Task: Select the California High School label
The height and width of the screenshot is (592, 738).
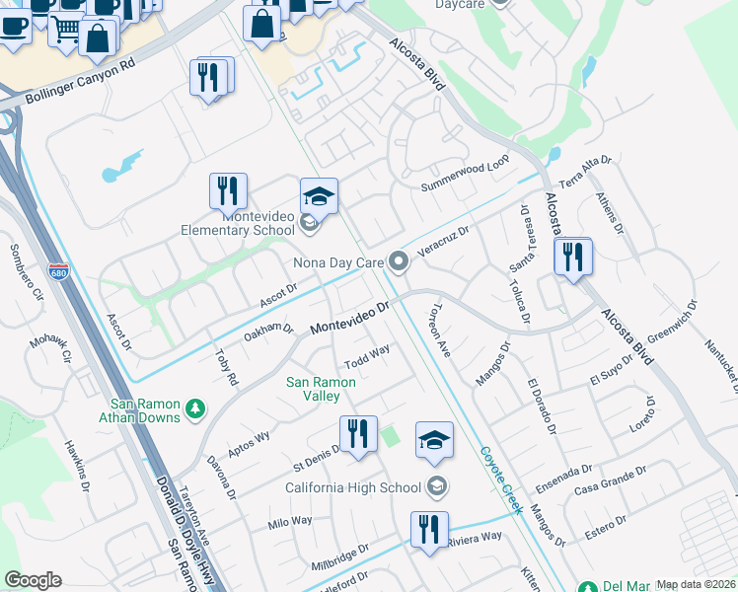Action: pos(353,487)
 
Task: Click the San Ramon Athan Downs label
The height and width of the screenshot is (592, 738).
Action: pos(146,410)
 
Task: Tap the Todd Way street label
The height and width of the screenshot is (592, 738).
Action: pos(367,352)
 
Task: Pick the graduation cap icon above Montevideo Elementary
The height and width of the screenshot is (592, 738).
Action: pos(319,196)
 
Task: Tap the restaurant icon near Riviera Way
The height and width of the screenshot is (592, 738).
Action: pos(429,530)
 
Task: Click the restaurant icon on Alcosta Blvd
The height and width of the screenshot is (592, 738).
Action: pos(572,257)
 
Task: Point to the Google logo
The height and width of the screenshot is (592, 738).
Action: pos(32,580)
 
